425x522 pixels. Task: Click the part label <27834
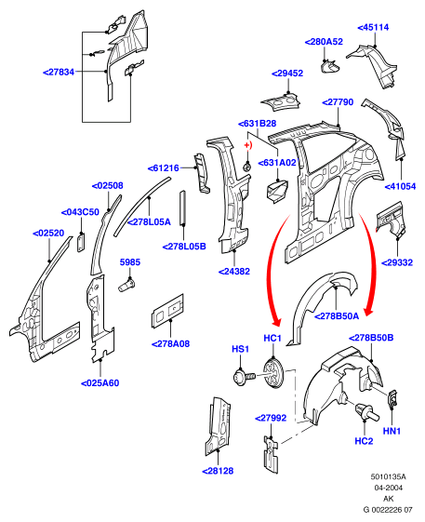[x=59, y=72]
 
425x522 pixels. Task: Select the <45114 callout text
[x=373, y=27]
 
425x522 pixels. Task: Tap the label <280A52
[x=324, y=42]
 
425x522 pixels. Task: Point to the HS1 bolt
[x=245, y=377]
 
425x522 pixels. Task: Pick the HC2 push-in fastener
[x=366, y=412]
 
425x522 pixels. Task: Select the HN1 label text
[x=392, y=431]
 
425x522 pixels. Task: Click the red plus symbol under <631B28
[x=247, y=145]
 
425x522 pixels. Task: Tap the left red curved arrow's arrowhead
[x=276, y=322]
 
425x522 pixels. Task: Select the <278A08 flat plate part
[x=167, y=311]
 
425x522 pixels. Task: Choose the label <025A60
[x=100, y=383]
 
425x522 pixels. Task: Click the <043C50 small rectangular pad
[x=81, y=242]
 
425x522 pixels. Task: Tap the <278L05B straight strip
[x=182, y=207]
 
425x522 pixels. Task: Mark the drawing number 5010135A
[x=389, y=476]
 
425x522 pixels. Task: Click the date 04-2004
[x=389, y=488]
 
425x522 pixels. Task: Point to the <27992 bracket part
[x=271, y=454]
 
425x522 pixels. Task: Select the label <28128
[x=218, y=471]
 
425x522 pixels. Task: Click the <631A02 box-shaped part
[x=277, y=191]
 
